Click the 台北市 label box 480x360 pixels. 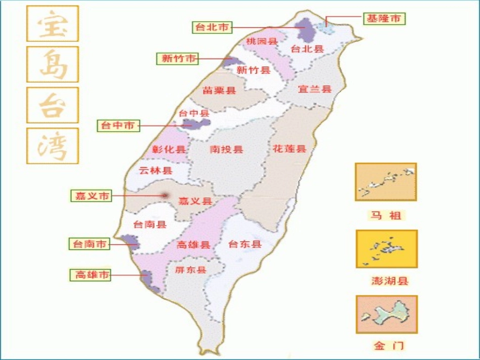(x=212, y=27)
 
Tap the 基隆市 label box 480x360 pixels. (x=385, y=19)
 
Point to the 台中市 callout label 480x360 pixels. (x=118, y=125)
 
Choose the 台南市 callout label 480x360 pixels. (x=89, y=244)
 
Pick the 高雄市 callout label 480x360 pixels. (x=89, y=275)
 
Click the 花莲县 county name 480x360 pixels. (x=290, y=148)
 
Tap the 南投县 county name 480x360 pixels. (x=226, y=149)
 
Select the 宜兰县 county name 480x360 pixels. (x=314, y=89)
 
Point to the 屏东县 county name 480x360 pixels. (x=190, y=270)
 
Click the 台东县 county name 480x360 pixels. (x=245, y=244)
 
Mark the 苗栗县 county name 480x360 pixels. (x=219, y=91)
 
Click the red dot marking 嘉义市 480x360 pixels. (x=165, y=195)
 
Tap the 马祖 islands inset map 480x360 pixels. (x=386, y=182)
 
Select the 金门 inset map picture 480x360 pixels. (x=387, y=315)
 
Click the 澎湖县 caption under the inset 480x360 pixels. (x=390, y=281)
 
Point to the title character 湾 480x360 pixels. (x=53, y=145)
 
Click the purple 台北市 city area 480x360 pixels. (x=306, y=30)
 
